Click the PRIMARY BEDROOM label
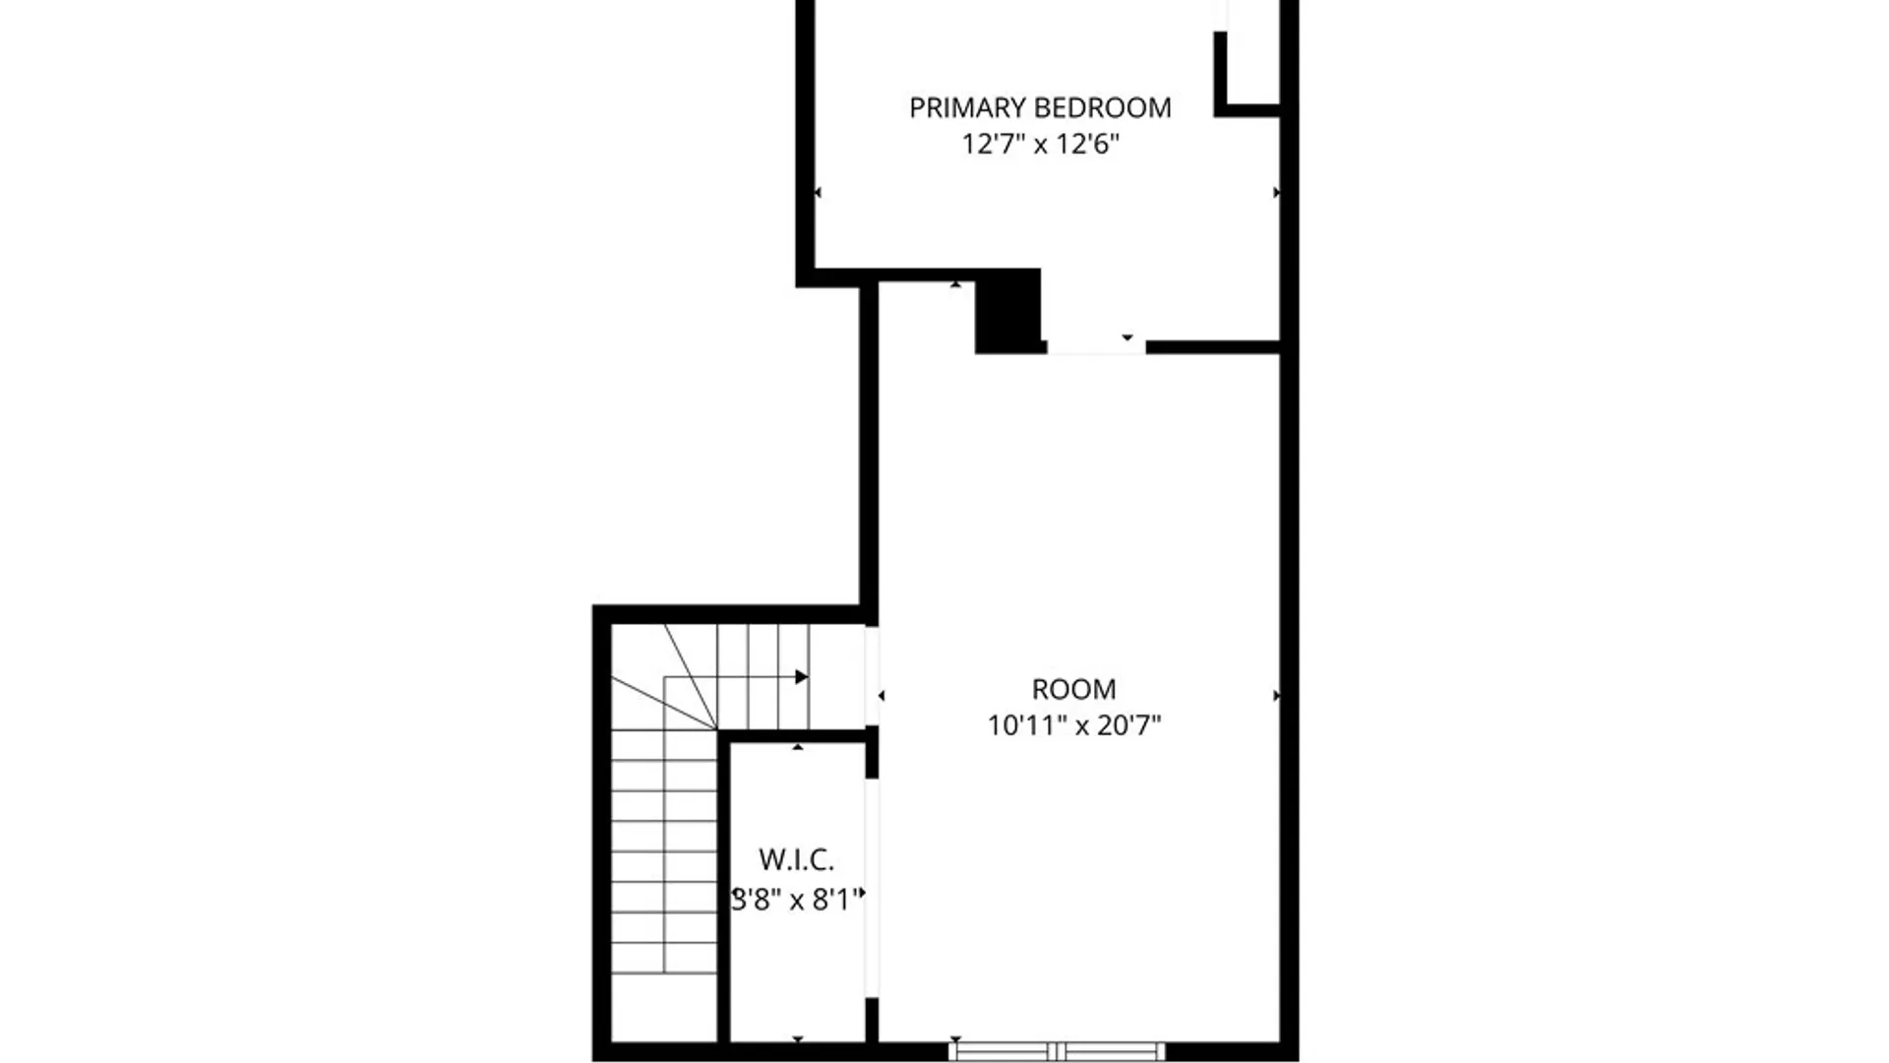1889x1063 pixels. tap(1040, 107)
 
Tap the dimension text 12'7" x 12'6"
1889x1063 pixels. tap(1040, 145)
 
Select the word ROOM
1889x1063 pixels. tap(1073, 689)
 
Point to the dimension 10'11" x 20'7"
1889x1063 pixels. tap(1073, 726)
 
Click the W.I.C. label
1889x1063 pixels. tap(796, 860)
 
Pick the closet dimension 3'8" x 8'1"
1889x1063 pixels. tap(796, 900)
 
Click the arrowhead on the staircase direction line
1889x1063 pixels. tap(802, 677)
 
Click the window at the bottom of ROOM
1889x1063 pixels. tap(1057, 1051)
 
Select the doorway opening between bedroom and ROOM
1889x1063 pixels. tap(1096, 347)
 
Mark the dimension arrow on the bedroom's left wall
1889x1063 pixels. tap(818, 193)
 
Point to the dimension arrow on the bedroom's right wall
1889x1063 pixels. tap(1276, 193)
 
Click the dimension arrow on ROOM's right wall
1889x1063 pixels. tap(1276, 696)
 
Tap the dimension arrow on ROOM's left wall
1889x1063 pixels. tap(881, 696)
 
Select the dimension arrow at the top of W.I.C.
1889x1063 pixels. tap(798, 748)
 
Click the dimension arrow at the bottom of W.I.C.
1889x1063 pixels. tap(798, 1038)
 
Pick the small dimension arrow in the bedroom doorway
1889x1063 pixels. tap(1127, 338)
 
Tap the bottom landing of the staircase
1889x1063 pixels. tap(664, 1007)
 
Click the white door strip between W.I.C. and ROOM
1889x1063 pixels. tap(872, 888)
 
